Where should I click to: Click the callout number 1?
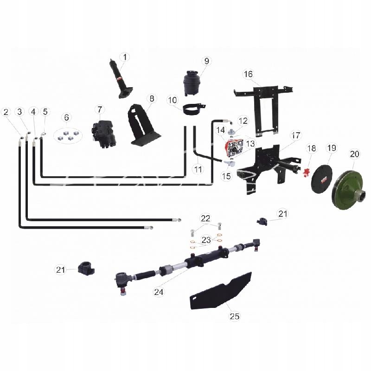click(124, 57)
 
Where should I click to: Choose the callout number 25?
click(234, 316)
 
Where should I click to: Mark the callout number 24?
click(159, 292)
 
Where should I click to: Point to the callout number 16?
click(248, 74)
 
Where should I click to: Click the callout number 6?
click(66, 117)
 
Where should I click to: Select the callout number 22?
click(205, 218)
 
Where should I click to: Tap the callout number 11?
click(198, 169)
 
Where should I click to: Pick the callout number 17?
click(296, 136)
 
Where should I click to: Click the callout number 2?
click(6, 112)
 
